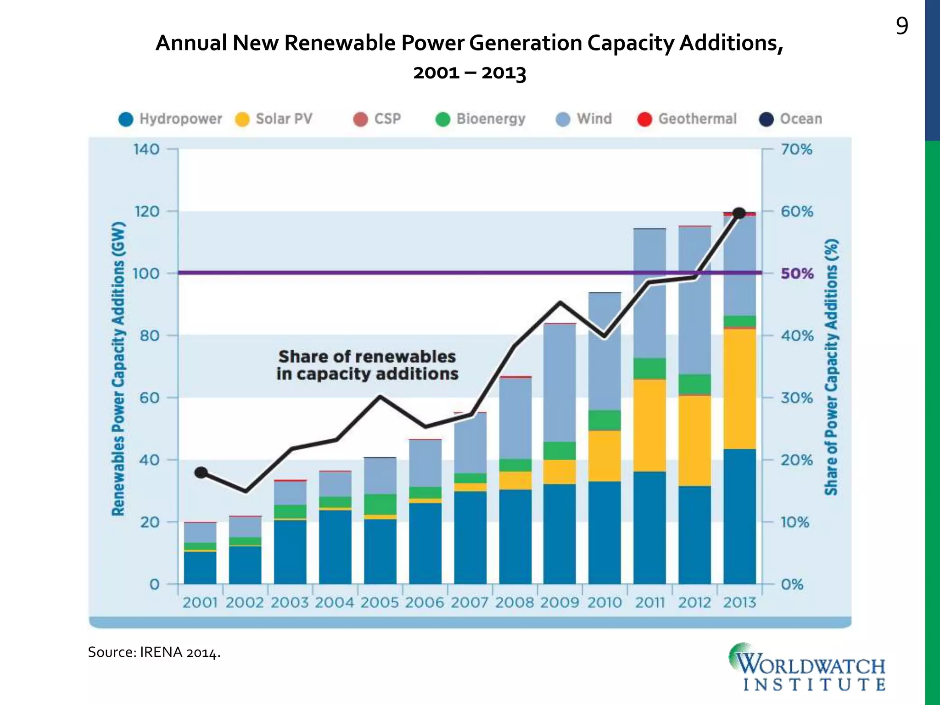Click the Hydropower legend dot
[126, 119]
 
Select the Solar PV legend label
[284, 119]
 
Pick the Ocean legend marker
[767, 119]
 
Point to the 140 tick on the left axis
[146, 149]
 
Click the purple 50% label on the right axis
[797, 274]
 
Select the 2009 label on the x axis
[560, 602]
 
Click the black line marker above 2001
[201, 473]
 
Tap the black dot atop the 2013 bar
[739, 213]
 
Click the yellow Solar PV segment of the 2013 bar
[739, 388]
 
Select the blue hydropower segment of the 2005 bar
[380, 551]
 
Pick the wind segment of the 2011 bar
[649, 294]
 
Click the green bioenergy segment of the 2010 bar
[604, 420]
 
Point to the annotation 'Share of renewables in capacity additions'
[367, 365]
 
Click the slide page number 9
[901, 27]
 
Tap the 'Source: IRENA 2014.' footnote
[154, 652]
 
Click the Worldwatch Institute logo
[808, 667]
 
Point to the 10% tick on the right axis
[795, 522]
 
